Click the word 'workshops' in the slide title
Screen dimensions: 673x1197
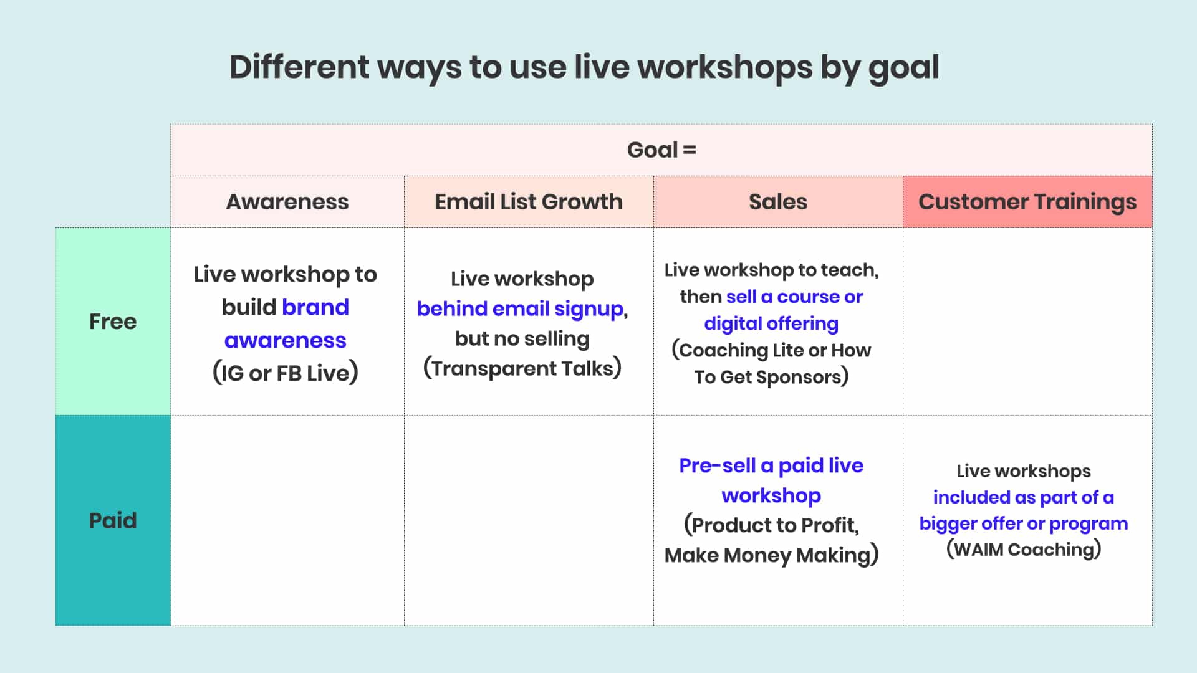click(x=724, y=67)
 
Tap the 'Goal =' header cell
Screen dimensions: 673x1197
click(x=661, y=150)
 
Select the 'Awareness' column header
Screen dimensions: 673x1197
click(x=287, y=202)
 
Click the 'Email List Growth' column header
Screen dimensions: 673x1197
click(x=528, y=202)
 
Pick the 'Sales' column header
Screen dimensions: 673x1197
click(x=777, y=202)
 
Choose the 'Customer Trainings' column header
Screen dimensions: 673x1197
click(x=1027, y=202)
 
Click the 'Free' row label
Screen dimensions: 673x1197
click(x=113, y=322)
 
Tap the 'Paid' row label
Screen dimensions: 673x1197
click(x=113, y=520)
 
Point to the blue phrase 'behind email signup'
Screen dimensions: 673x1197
click(x=521, y=308)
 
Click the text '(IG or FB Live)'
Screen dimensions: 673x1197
click(x=286, y=373)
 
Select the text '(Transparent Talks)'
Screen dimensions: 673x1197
click(x=522, y=368)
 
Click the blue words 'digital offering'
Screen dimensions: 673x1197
click(x=771, y=323)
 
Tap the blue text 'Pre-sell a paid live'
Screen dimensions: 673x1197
click(x=771, y=465)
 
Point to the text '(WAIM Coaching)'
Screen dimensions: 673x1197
click(x=1024, y=550)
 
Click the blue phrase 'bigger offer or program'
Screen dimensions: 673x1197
click(x=1024, y=523)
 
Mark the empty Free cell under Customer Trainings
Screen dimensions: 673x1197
click(x=1027, y=322)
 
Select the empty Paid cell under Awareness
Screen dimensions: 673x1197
click(x=287, y=520)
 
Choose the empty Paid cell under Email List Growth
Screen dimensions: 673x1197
click(x=528, y=520)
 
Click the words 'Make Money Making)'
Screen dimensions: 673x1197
click(x=771, y=555)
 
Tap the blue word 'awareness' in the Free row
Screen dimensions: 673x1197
click(x=286, y=340)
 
